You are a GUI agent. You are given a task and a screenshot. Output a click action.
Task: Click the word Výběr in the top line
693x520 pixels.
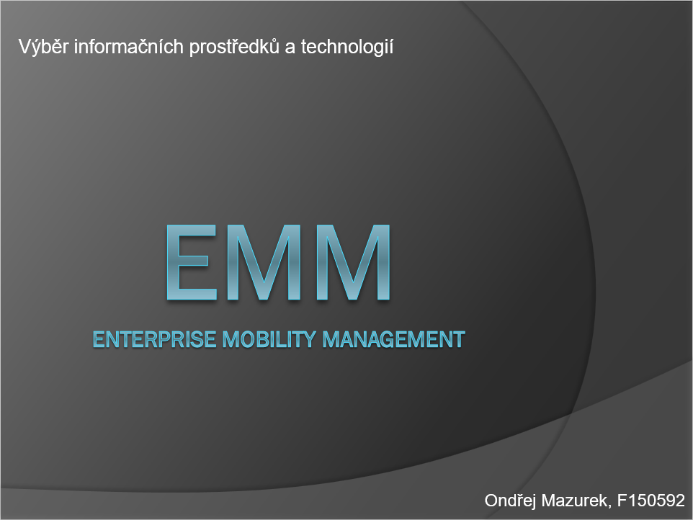[43, 46]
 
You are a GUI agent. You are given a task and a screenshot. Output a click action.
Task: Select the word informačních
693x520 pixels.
[128, 46]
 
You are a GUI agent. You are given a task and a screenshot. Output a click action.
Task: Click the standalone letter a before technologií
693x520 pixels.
[290, 48]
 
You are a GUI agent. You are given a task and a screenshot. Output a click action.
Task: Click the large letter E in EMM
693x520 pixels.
[192, 262]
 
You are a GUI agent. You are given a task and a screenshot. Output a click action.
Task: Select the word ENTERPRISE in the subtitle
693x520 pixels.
[154, 339]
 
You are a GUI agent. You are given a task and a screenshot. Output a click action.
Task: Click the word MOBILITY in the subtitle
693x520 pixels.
[269, 339]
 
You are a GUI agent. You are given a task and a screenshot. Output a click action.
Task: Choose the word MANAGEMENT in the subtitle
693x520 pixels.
[393, 339]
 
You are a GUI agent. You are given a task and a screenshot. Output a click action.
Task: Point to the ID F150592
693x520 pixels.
[650, 501]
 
